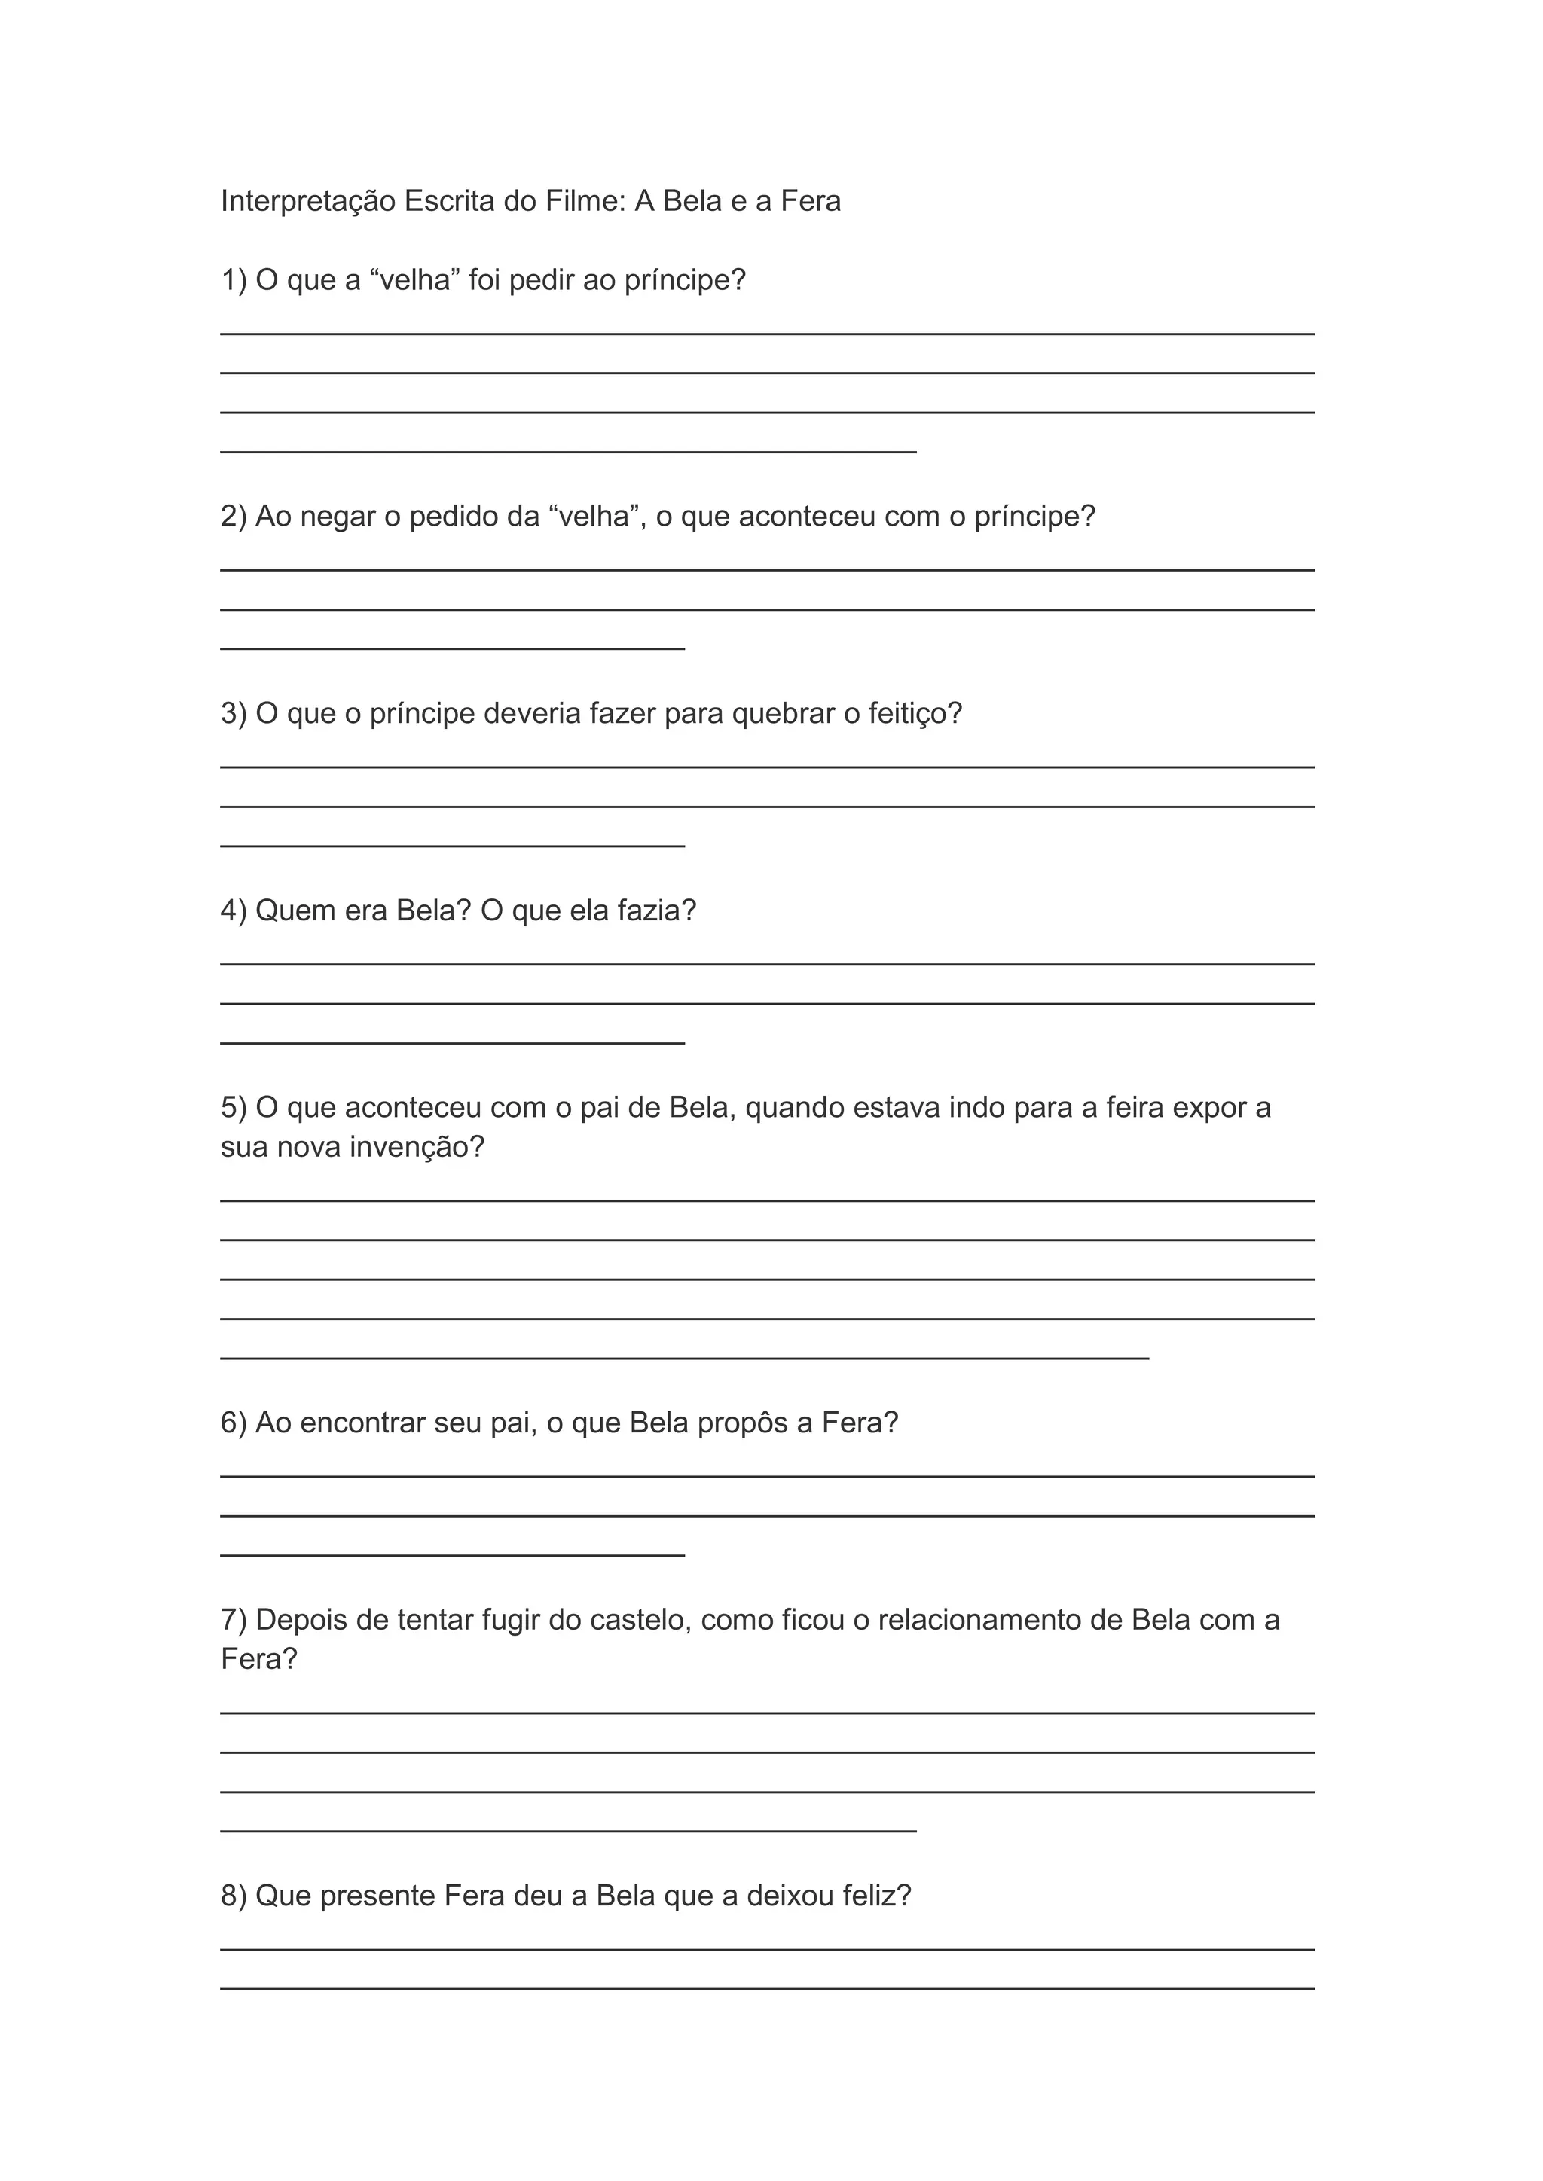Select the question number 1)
[234, 280]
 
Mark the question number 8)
[234, 1896]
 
